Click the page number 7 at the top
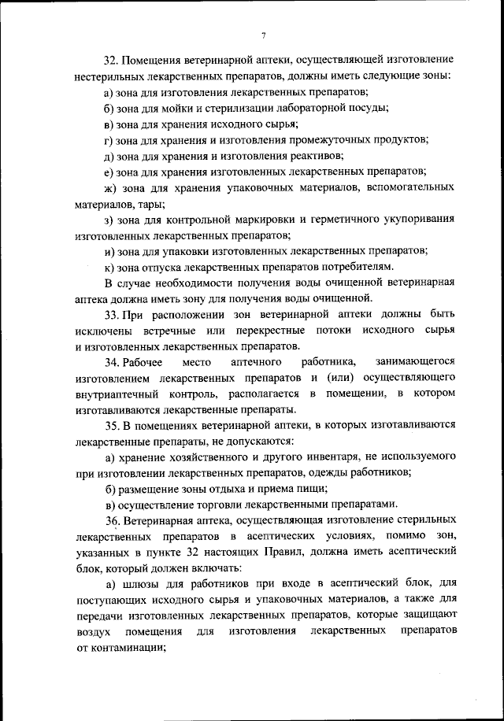coord(264,35)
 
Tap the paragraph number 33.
coord(112,315)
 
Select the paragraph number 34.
coord(112,362)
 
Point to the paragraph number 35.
coord(112,426)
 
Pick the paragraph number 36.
coord(112,521)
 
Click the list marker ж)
coord(110,187)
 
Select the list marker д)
coord(109,156)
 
